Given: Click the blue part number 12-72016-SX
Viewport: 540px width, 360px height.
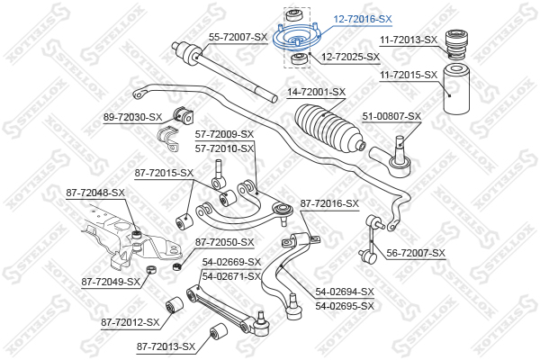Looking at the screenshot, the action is point(363,19).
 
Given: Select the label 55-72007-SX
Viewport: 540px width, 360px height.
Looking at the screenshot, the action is point(238,37).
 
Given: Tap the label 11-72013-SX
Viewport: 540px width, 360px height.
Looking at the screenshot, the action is point(409,40).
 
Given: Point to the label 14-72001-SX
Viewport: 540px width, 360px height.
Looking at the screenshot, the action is point(316,92).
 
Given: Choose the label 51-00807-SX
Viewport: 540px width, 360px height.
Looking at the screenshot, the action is point(391,116).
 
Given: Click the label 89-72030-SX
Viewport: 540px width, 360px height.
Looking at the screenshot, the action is point(132,118).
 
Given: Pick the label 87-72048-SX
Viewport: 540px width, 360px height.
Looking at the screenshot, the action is point(95,193).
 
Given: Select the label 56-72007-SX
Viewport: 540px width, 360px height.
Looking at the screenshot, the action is point(416,253).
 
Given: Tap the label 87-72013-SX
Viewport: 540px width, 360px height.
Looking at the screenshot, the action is point(166,346).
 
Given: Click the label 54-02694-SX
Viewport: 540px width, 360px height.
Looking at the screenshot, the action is point(345,292).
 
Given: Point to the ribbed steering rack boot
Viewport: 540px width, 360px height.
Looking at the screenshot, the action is point(329,128).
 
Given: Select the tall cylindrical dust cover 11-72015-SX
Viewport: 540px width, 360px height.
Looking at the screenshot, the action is point(456,88).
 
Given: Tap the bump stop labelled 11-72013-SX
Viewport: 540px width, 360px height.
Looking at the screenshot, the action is point(456,45).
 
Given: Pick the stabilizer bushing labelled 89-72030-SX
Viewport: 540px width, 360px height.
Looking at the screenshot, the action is point(183,116).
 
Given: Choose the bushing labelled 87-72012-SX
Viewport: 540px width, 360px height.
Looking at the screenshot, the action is point(174,305).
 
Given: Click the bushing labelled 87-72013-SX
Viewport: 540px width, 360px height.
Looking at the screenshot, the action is point(219,332).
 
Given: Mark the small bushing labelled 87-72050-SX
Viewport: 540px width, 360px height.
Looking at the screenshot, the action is point(176,266).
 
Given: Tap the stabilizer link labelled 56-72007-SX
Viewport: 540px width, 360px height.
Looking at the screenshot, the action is point(372,238).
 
